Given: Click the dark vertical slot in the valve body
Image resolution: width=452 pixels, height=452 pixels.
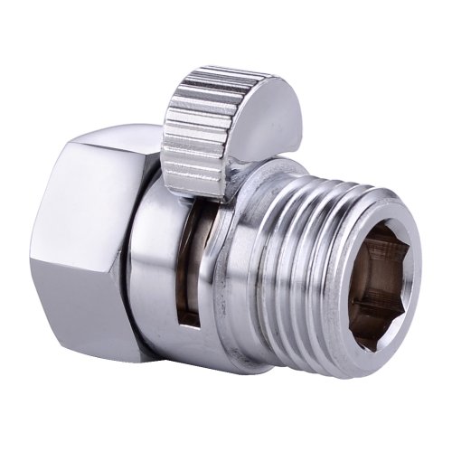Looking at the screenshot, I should pos(184,271).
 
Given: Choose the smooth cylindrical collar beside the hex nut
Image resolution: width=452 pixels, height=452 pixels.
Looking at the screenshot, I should pos(149,271).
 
